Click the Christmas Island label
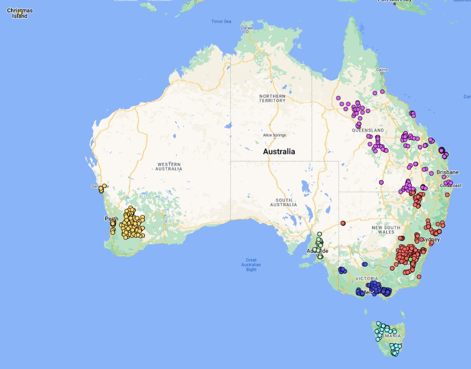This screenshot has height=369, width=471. [x=20, y=13]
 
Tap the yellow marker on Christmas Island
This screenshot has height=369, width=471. [x=20, y=13]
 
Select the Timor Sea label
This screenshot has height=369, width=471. [x=221, y=21]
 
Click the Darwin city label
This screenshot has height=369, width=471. [x=247, y=28]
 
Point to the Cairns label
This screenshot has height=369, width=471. [x=381, y=70]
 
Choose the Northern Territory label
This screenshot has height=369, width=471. [x=272, y=98]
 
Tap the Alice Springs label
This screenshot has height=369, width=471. [x=274, y=135]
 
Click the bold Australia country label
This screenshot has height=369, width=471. [x=278, y=151]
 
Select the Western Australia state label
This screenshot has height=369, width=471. [x=169, y=166]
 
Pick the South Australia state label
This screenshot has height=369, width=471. [x=283, y=202]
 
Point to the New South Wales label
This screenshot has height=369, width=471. [x=386, y=229]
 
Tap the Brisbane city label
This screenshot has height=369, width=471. [x=447, y=172]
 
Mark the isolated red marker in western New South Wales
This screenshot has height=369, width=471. [x=342, y=223]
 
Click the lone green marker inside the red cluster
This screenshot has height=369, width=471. [x=410, y=259]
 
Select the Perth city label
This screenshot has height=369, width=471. [x=111, y=219]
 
